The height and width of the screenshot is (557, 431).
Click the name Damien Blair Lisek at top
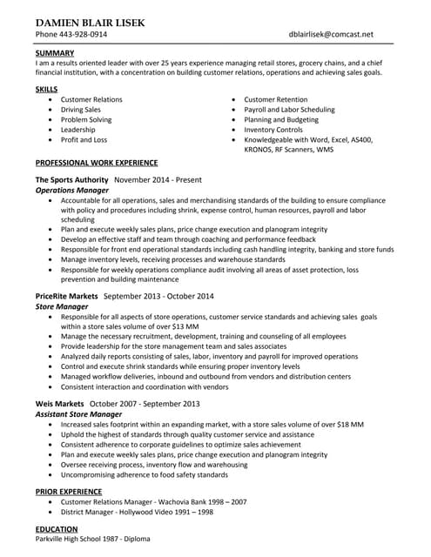[91, 22]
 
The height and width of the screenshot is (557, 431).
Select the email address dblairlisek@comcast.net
[331, 35]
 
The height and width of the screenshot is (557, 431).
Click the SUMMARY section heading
[55, 53]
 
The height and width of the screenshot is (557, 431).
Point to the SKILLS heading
[47, 89]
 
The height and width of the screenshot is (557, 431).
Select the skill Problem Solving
[86, 120]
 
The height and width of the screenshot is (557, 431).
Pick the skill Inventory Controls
[273, 130]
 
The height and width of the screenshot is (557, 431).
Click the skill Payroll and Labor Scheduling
[289, 110]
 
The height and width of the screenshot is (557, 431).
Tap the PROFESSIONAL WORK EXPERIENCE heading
[97, 163]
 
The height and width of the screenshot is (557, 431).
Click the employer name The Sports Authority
[72, 179]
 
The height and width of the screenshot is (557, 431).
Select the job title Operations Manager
[72, 190]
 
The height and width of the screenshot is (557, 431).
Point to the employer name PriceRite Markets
[67, 296]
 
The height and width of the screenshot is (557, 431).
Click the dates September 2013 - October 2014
[158, 296]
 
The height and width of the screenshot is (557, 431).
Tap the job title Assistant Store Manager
[78, 414]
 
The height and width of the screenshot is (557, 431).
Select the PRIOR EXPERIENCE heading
[65, 492]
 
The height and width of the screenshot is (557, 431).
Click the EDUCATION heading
[57, 529]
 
